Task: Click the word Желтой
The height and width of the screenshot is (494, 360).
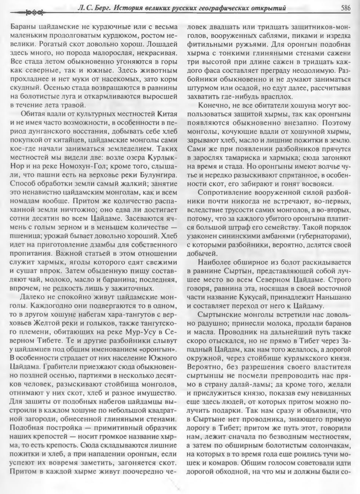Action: [53, 323]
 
